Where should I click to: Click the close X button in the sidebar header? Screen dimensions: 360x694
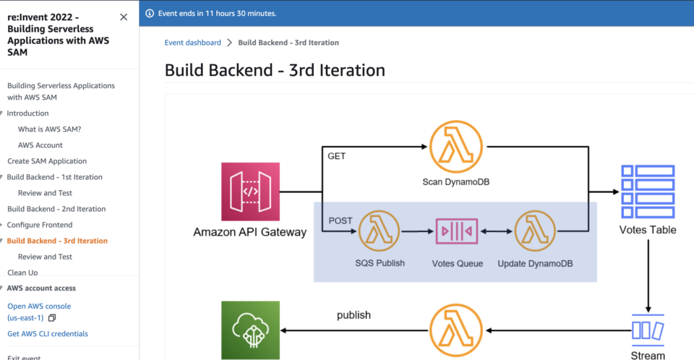tap(124, 17)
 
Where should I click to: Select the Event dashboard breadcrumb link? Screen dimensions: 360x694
tap(192, 43)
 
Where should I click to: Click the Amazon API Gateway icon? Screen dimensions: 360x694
tap(250, 192)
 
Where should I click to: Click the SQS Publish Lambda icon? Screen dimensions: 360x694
tap(380, 231)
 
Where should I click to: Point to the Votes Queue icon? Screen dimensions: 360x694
tap(457, 231)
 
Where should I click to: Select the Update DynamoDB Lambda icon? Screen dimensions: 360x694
tap(535, 231)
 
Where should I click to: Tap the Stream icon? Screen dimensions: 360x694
tap(647, 330)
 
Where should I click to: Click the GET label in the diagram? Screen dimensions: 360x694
tap(337, 156)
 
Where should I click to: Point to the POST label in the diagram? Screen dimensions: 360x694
tap(340, 220)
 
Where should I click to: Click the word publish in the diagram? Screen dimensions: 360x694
tap(354, 315)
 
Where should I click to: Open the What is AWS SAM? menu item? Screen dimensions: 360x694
tap(49, 129)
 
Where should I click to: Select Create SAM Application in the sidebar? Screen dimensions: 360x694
tap(47, 161)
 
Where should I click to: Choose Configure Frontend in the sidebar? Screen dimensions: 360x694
tap(40, 225)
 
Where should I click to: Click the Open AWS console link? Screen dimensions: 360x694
tap(39, 306)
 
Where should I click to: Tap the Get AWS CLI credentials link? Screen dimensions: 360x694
tap(48, 334)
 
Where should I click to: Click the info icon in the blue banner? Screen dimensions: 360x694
tap(150, 13)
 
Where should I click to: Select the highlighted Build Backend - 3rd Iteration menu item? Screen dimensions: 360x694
tap(57, 241)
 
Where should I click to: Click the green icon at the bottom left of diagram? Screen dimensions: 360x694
tap(250, 330)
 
